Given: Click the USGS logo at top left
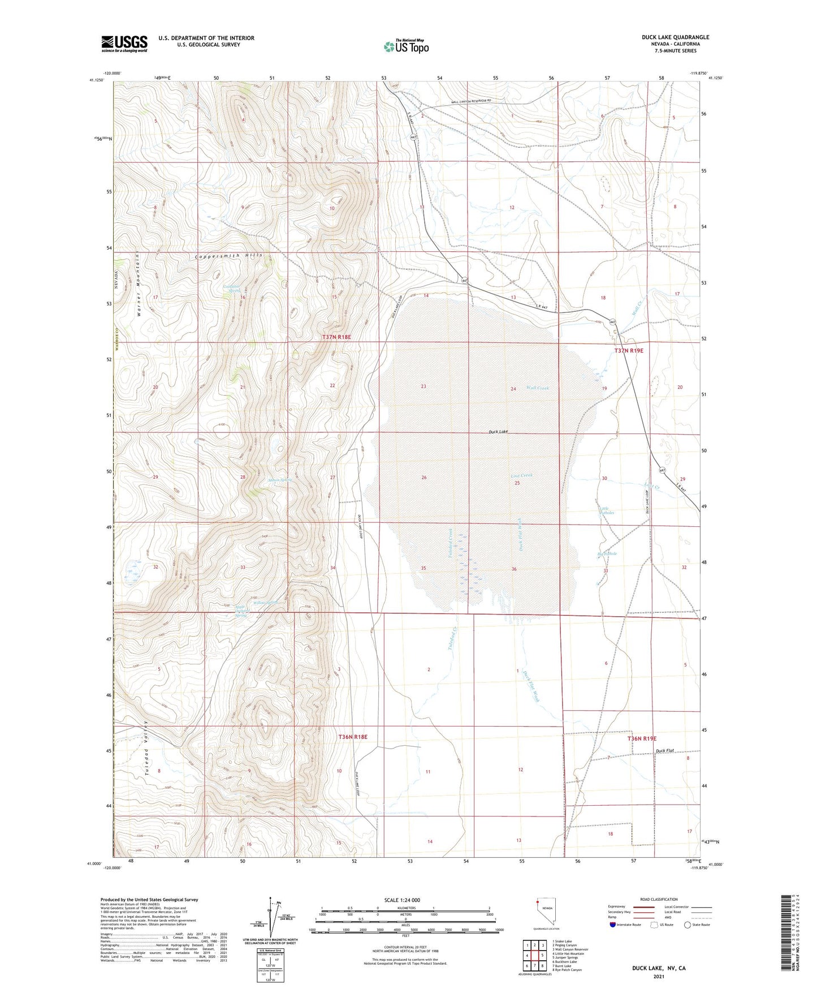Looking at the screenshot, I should point(124,43).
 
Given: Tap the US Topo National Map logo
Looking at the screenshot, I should point(405,46).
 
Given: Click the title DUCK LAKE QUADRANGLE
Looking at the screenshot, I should point(675,37).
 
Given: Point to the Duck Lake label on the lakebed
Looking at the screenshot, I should point(498,432).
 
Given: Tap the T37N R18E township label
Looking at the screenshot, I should point(336,337).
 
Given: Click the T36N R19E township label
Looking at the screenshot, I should point(642,738).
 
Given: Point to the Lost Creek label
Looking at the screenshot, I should point(522,475).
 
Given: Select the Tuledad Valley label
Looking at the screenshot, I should point(146,748).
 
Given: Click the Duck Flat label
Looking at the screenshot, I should point(665,751).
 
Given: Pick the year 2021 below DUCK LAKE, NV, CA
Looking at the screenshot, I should point(658,976).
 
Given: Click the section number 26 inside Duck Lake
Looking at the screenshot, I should point(424,478).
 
